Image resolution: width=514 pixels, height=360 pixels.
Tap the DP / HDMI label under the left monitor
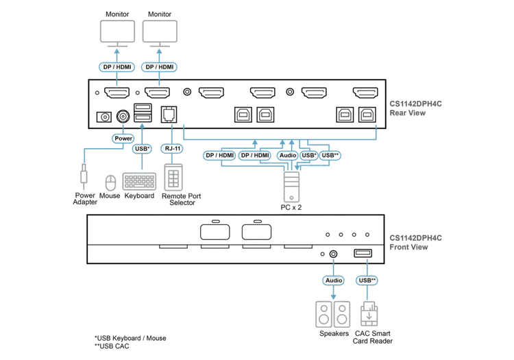[x=118, y=67]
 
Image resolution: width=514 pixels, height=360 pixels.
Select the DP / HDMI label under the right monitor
[x=160, y=67]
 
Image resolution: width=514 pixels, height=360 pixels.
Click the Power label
[x=123, y=138]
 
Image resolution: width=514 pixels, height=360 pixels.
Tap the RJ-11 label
[x=172, y=147]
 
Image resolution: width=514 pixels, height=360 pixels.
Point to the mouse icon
[x=108, y=183]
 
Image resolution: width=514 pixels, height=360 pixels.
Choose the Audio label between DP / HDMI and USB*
[x=289, y=156]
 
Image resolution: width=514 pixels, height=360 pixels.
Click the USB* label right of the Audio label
[x=309, y=156]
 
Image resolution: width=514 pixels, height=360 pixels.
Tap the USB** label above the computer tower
[x=331, y=156]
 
